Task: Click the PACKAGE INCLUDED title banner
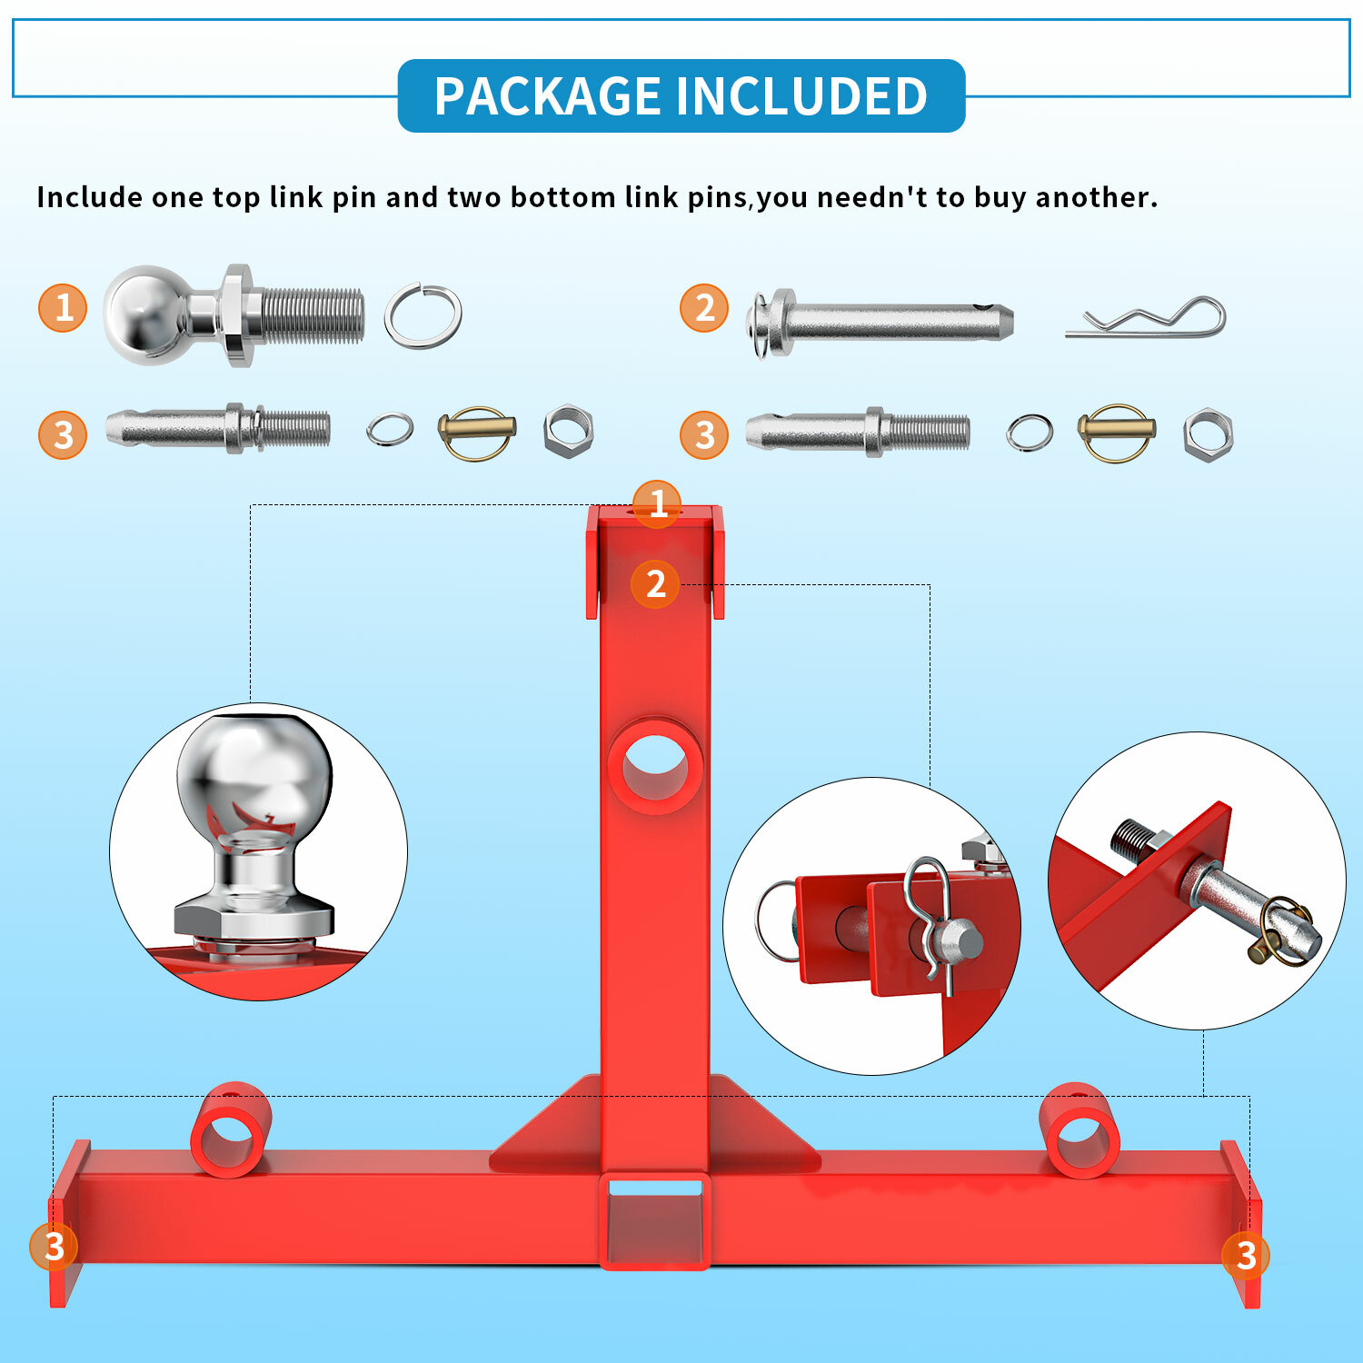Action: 681,95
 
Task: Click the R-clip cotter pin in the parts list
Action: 1147,319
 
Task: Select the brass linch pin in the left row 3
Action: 477,431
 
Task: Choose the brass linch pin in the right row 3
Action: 1117,433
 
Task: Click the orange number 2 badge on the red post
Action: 655,584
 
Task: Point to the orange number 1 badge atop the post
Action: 657,503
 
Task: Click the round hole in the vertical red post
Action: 655,766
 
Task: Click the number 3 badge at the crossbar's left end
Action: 54,1246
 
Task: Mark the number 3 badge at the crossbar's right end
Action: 1245,1255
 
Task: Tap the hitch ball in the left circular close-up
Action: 254,781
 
